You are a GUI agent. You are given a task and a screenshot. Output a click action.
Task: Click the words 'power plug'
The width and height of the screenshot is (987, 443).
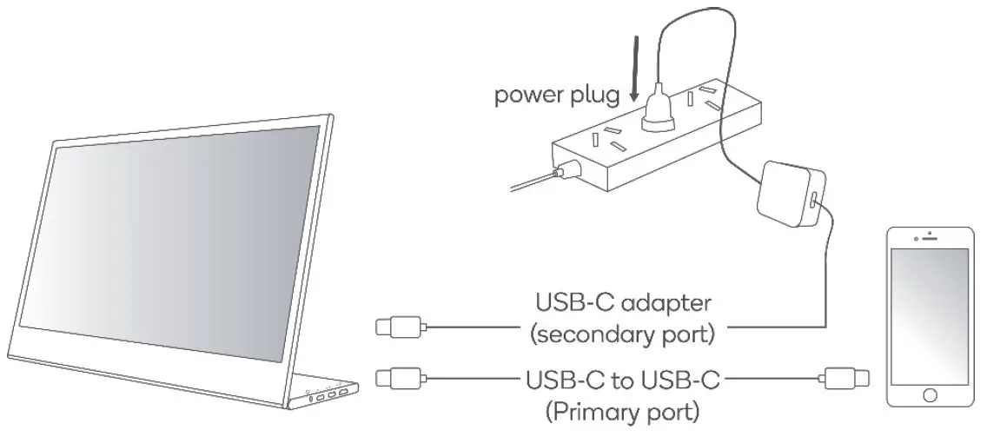[557, 95]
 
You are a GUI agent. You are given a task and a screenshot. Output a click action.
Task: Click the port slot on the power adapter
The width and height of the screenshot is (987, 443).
[812, 201]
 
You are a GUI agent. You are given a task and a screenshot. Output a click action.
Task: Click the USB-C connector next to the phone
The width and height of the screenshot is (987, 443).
[843, 378]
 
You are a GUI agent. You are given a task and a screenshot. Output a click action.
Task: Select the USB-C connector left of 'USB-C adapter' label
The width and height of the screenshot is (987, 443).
[399, 327]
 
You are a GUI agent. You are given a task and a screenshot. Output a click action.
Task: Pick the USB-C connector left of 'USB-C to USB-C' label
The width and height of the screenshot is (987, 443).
[399, 378]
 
